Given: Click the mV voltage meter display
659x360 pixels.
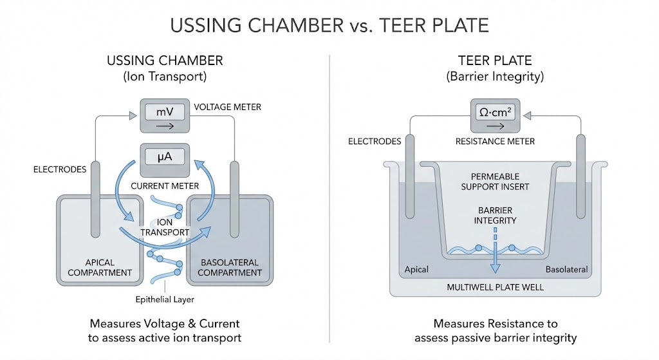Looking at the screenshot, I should (165, 117).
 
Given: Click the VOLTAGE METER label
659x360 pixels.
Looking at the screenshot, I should (227, 107).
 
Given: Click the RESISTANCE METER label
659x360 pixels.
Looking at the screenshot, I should (495, 141).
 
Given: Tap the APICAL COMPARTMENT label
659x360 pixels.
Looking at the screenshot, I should (100, 267).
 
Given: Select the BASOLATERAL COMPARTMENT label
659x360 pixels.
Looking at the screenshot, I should (230, 267).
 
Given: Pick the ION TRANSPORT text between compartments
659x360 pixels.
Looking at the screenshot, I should (165, 227).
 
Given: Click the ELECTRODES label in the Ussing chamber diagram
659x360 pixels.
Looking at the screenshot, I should (60, 169).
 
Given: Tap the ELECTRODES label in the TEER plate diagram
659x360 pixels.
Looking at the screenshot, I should (375, 141).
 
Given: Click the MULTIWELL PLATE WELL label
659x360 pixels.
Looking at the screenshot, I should (495, 287).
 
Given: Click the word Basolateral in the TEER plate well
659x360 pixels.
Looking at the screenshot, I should (566, 269).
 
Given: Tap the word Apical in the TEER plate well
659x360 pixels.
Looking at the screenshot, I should (416, 269).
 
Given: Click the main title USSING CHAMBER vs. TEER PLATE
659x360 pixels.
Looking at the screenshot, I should (329, 25).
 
